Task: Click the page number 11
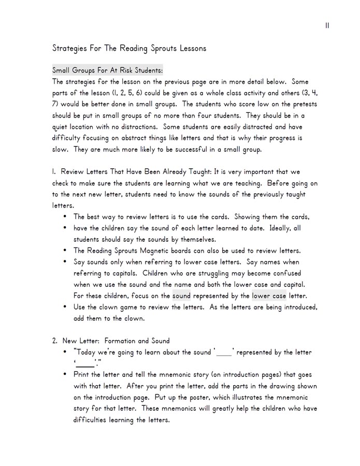pos(327,25)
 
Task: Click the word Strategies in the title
pos(70,49)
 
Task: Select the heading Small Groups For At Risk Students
pos(108,70)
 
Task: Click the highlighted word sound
pos(181,296)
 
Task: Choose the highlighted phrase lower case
pos(269,296)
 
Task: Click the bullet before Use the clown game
pos(65,307)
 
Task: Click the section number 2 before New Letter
pos(54,341)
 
